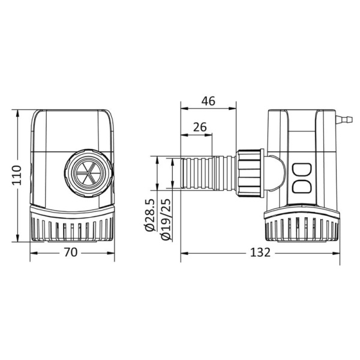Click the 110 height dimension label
coord(17,175)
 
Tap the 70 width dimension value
coord(70,253)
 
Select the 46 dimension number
coord(208,101)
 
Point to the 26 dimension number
coord(200,127)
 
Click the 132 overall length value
coord(260,253)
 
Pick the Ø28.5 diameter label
coord(151,215)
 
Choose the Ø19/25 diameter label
coord(166,219)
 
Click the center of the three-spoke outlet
coord(89,173)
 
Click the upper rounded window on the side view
coord(302,170)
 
